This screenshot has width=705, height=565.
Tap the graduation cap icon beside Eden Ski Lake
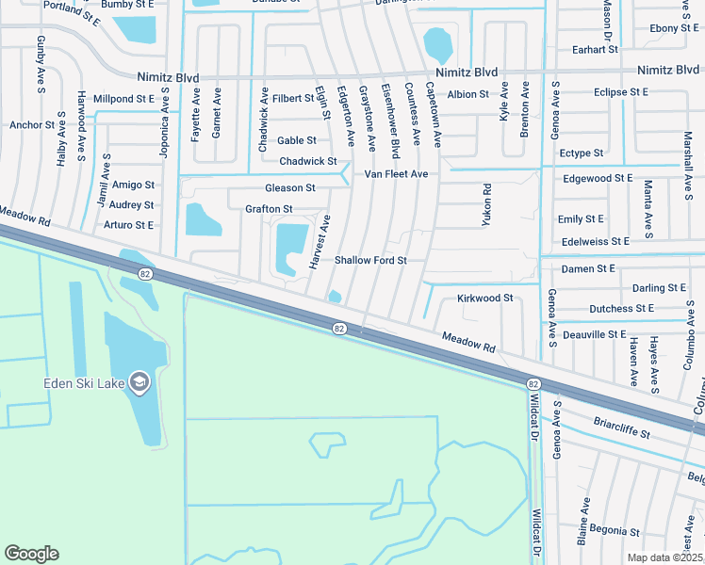(x=139, y=381)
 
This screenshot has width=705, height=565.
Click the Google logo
(x=31, y=554)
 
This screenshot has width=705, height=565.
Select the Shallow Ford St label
(x=370, y=260)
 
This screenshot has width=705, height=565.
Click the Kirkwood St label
(x=484, y=298)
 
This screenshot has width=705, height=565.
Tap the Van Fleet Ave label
(x=397, y=174)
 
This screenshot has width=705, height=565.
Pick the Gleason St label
(x=289, y=188)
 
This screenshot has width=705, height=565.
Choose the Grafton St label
(x=269, y=209)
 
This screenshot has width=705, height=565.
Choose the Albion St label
(x=468, y=94)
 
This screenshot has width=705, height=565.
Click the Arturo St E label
(x=128, y=225)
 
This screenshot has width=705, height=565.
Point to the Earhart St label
(x=594, y=49)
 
